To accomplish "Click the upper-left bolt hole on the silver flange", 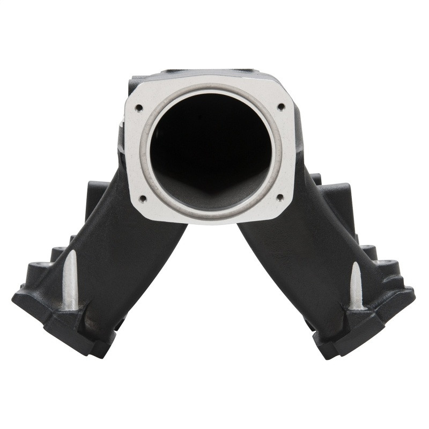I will click(139, 108).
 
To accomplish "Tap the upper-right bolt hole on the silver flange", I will click(280, 107).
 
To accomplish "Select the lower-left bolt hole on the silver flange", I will click(143, 198).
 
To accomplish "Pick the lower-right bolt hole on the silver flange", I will click(279, 197).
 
